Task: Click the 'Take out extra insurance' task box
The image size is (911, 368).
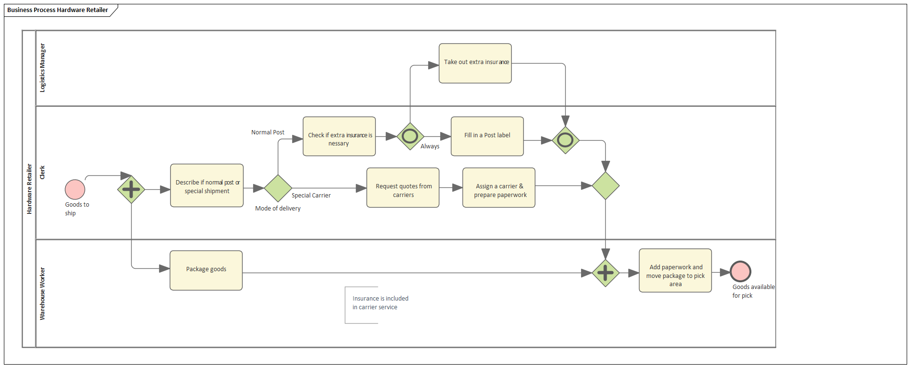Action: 475,63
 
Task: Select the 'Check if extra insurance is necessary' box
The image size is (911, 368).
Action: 339,136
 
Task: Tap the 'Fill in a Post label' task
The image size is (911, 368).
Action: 487,136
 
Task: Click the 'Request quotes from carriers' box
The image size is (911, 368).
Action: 403,188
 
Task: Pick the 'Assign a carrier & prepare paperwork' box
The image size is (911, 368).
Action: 499,188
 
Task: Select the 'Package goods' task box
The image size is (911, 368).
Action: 206,270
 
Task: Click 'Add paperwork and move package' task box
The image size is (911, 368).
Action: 675,271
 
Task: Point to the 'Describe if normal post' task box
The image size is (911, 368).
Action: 206,185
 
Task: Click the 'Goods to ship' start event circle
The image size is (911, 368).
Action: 75,189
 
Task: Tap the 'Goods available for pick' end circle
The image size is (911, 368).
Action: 740,271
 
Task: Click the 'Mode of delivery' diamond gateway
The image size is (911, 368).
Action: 278,188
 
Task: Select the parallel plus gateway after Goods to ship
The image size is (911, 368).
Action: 131,189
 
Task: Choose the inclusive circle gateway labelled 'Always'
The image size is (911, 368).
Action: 410,136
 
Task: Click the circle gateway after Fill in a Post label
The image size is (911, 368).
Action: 565,140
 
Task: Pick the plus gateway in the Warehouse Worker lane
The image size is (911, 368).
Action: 605,273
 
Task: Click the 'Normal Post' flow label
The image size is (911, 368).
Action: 268,132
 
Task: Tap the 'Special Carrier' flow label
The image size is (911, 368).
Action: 311,196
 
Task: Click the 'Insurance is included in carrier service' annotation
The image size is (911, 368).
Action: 380,303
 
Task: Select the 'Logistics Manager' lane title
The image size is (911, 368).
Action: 42,68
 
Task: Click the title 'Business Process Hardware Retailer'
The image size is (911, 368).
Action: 57,10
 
